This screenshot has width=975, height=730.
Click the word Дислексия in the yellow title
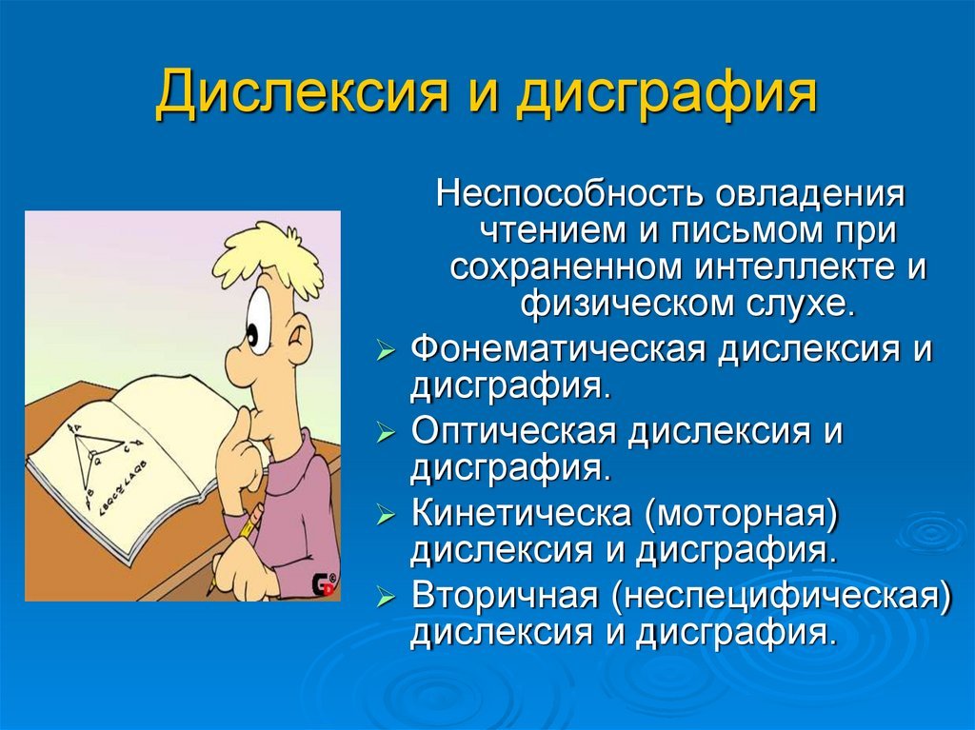[301, 93]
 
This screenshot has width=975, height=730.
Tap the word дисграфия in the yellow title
[666, 93]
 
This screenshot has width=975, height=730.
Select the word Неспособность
[569, 194]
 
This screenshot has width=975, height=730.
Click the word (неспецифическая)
[782, 597]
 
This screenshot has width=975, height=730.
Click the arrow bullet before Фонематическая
[387, 352]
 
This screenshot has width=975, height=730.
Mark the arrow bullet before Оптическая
[387, 433]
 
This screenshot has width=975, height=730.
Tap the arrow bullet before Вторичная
[387, 598]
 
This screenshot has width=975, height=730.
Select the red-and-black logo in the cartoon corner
[323, 584]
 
